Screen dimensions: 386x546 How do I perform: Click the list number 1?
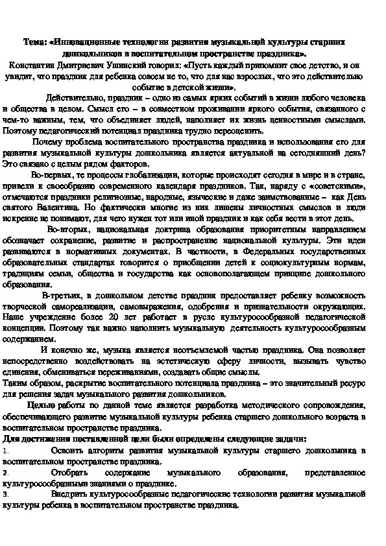pos(5,450)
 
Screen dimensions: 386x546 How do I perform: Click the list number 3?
pos(5,493)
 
